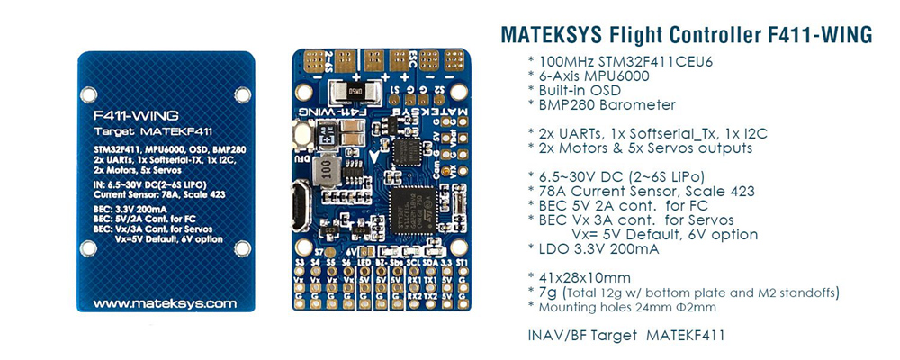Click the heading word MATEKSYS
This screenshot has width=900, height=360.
point(552,35)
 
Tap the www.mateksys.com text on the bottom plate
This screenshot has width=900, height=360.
point(164,303)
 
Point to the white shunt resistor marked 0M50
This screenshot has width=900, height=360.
point(350,92)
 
